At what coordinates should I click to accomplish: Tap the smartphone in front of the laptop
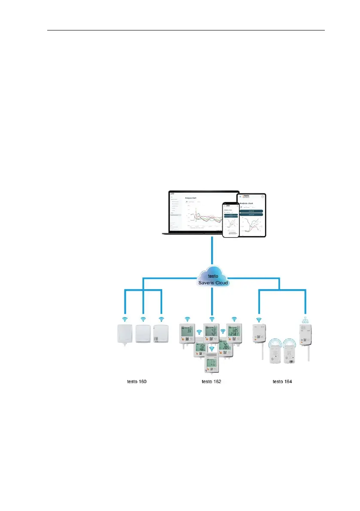[230, 219]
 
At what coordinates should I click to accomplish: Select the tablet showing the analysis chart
[251, 214]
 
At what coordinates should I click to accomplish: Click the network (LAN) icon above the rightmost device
[306, 319]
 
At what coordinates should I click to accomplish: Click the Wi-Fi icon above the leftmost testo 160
[125, 319]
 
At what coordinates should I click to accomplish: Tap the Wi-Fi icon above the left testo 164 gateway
[259, 319]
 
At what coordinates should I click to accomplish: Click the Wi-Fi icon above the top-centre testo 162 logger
[211, 319]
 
